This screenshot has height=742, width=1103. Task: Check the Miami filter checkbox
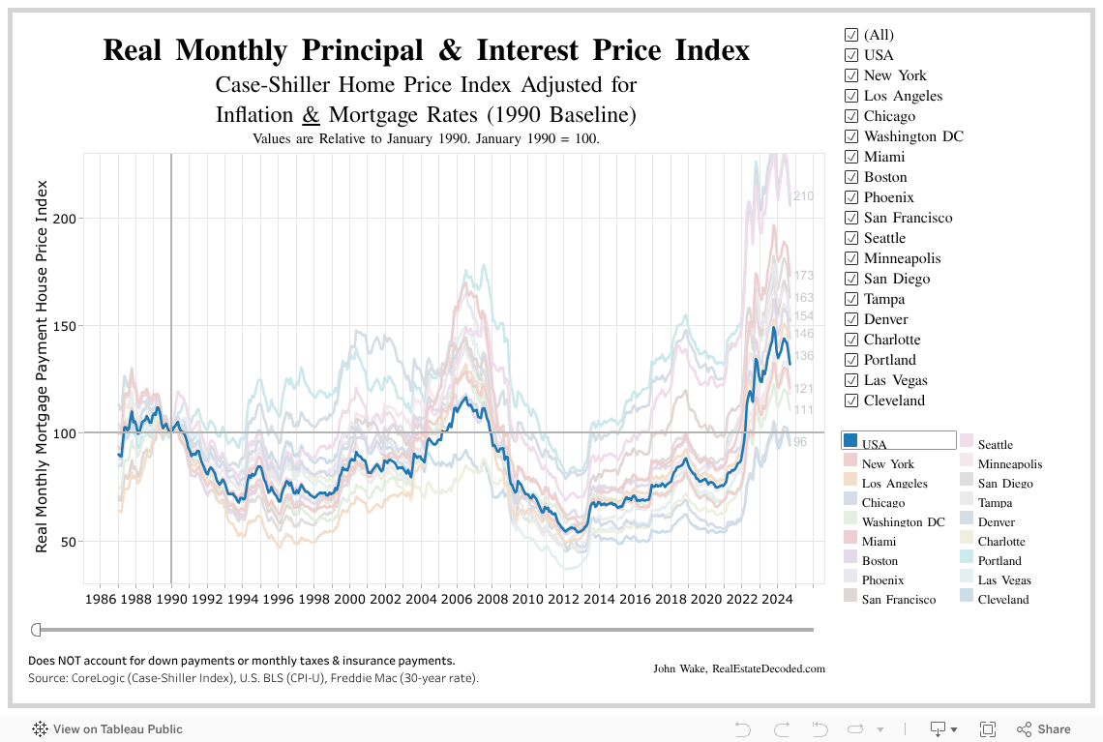[x=851, y=157]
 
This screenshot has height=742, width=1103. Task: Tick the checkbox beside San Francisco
[x=851, y=218]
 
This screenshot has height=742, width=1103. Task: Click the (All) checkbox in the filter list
[x=851, y=35]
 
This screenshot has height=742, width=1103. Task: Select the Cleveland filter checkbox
[x=851, y=401]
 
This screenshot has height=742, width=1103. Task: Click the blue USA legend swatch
[x=850, y=441]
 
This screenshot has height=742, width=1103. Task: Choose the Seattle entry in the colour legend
[x=995, y=445]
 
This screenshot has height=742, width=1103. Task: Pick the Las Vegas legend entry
[x=1003, y=580]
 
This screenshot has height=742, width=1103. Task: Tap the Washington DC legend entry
[x=903, y=522]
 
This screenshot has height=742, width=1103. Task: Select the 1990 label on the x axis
[x=171, y=600]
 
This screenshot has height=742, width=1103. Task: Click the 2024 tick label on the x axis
[x=777, y=600]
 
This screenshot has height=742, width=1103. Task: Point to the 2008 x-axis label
[x=492, y=600]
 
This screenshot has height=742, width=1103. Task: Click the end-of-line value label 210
[x=803, y=196]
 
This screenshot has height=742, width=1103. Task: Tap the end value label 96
[x=799, y=442]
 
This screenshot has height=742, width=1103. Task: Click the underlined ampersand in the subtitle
[x=311, y=115]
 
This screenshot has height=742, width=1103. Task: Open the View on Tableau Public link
[x=117, y=729]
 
